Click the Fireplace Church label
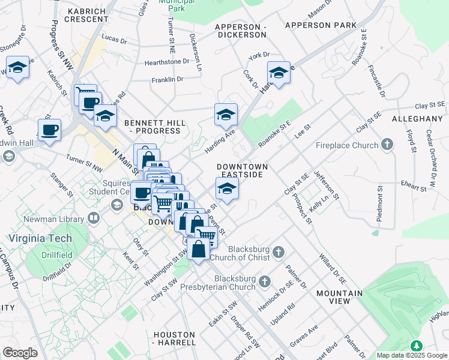(x=348, y=145)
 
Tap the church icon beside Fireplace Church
(x=388, y=145)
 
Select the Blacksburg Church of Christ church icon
(x=278, y=251)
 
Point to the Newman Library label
(x=58, y=220)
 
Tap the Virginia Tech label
(x=40, y=238)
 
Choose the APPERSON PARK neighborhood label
(x=321, y=25)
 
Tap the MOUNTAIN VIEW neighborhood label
(x=337, y=298)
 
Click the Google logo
(x=20, y=353)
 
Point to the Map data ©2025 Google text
(x=412, y=355)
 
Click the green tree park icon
(x=416, y=346)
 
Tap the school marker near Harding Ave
(x=226, y=115)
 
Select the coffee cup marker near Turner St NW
(x=49, y=130)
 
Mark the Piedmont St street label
(x=379, y=204)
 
